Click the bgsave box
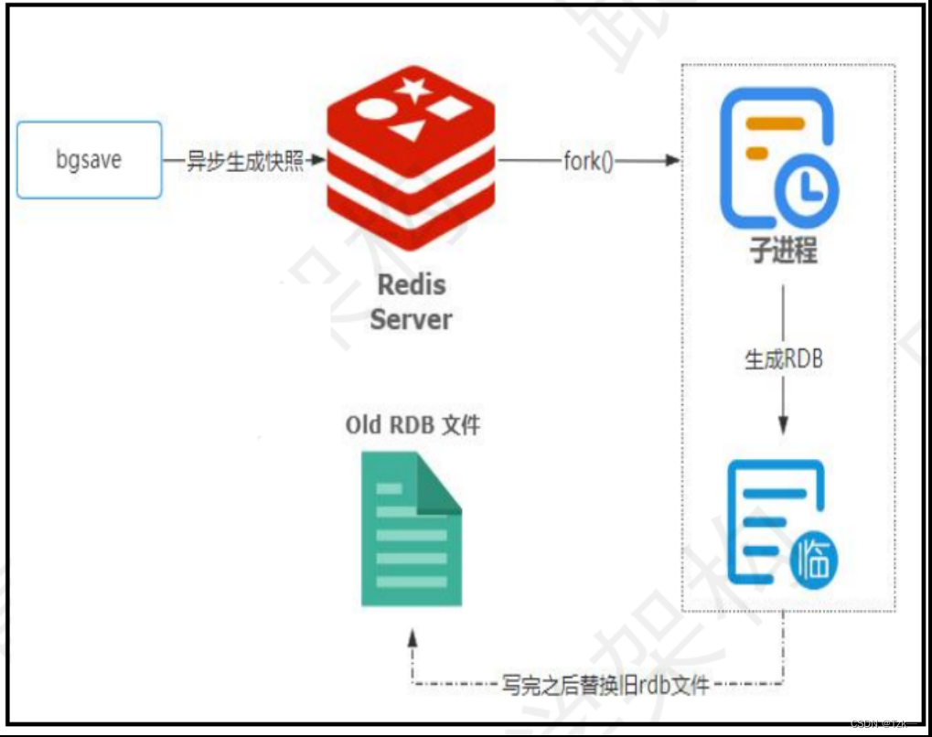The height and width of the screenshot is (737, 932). coord(90,161)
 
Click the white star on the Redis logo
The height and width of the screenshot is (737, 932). coord(412,90)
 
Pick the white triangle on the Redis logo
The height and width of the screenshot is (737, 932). coord(408,131)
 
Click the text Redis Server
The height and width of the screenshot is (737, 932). coord(411,302)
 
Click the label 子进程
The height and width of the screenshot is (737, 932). coord(783,251)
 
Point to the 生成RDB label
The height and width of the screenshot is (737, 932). coord(783,359)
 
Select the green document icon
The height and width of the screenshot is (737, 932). coord(411,529)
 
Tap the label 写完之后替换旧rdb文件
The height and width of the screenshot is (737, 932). coord(605,684)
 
